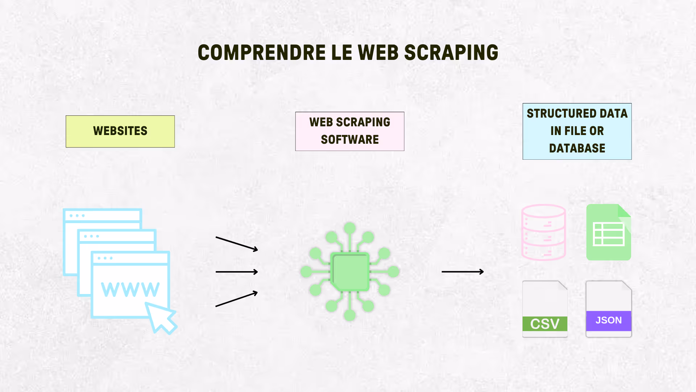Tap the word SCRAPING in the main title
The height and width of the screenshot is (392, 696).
[x=451, y=53]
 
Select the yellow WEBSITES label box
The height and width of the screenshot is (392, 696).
[x=120, y=131]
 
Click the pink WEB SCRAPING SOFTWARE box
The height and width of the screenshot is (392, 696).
[x=349, y=131]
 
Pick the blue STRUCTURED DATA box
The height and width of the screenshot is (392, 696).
[x=577, y=131]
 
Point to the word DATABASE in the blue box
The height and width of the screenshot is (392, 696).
[x=577, y=148]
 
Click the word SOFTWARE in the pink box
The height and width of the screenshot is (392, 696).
[x=349, y=140]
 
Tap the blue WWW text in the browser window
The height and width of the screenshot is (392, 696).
[x=130, y=289]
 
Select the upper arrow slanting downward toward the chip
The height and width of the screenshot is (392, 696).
[x=237, y=244]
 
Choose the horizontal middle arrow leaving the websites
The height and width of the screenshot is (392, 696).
[x=237, y=271]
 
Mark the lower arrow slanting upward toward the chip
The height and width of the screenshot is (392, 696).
[x=237, y=299]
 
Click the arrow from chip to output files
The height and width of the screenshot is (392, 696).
[x=463, y=271]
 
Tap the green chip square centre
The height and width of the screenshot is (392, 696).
[x=349, y=271]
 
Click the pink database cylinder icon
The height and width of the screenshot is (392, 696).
[x=543, y=232]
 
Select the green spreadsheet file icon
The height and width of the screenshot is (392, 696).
[x=609, y=232]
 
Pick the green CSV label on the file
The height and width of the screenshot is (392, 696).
[x=544, y=324]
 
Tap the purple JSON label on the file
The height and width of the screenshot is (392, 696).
[x=609, y=320]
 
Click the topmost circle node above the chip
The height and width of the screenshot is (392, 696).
[x=349, y=228]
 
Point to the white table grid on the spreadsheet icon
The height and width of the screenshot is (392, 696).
[x=609, y=234]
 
